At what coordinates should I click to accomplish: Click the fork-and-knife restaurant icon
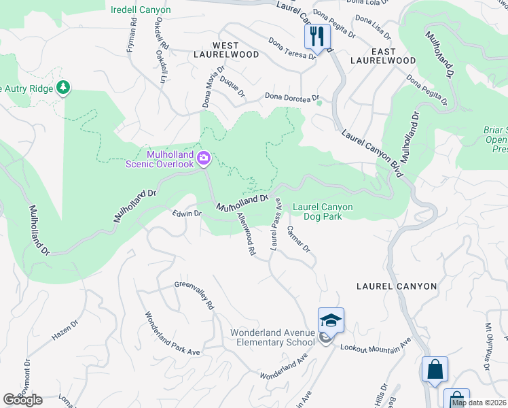[317, 37]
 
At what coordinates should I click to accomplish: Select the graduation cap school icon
[331, 320]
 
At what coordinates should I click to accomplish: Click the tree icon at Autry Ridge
[63, 87]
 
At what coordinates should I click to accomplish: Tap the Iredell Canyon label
[141, 10]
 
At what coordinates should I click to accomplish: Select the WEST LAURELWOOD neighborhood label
[226, 54]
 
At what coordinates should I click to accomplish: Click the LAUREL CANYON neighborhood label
[397, 286]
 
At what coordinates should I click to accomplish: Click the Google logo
[22, 399]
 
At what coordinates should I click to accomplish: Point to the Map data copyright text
[479, 403]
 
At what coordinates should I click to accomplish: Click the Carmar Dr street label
[298, 239]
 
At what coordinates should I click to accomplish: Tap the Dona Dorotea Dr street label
[292, 97]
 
